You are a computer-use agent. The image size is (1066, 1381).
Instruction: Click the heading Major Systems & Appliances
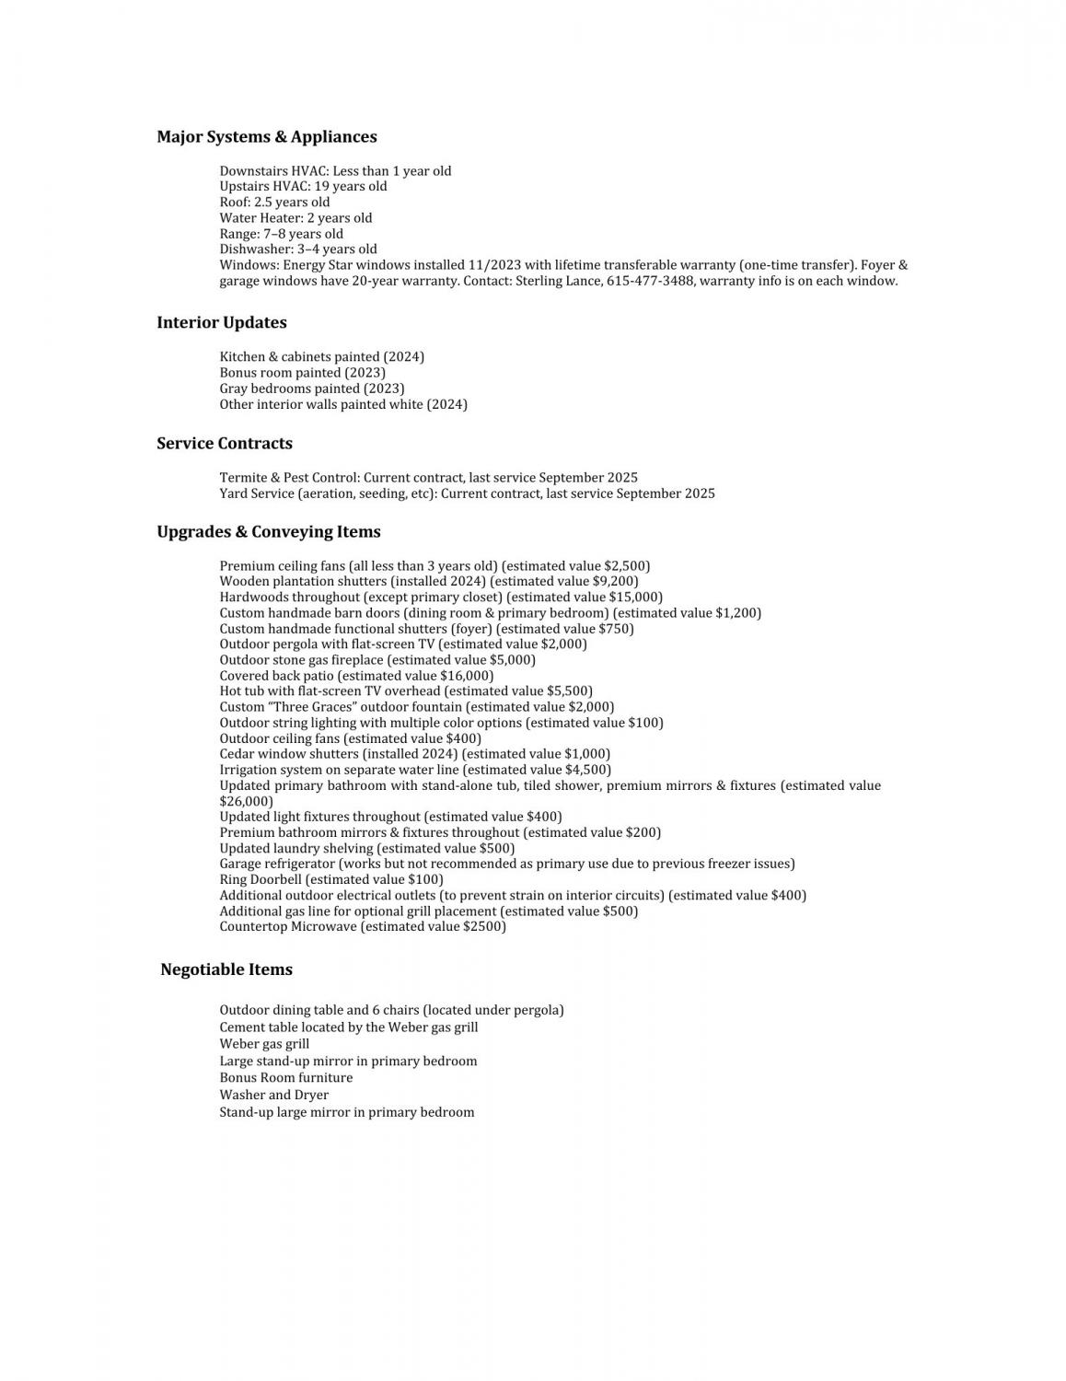(x=266, y=137)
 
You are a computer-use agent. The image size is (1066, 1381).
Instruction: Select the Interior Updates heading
(x=221, y=323)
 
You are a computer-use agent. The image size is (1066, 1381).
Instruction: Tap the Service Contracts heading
(x=224, y=444)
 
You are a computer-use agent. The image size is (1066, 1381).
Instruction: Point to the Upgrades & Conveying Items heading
(x=268, y=532)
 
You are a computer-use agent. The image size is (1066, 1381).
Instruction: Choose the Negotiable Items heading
(x=226, y=969)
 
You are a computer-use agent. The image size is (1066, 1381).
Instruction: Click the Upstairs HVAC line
(x=303, y=186)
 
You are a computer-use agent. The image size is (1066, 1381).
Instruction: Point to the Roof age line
(x=274, y=202)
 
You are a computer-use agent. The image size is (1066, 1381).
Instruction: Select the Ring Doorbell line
(x=330, y=879)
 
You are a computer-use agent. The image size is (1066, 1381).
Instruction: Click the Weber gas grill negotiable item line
(x=264, y=1044)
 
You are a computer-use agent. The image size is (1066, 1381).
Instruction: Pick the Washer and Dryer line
(x=273, y=1095)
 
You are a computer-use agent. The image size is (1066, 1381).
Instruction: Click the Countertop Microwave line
(x=362, y=926)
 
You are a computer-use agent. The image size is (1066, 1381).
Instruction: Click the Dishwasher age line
(x=297, y=249)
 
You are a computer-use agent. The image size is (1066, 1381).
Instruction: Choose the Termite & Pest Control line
(x=428, y=478)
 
